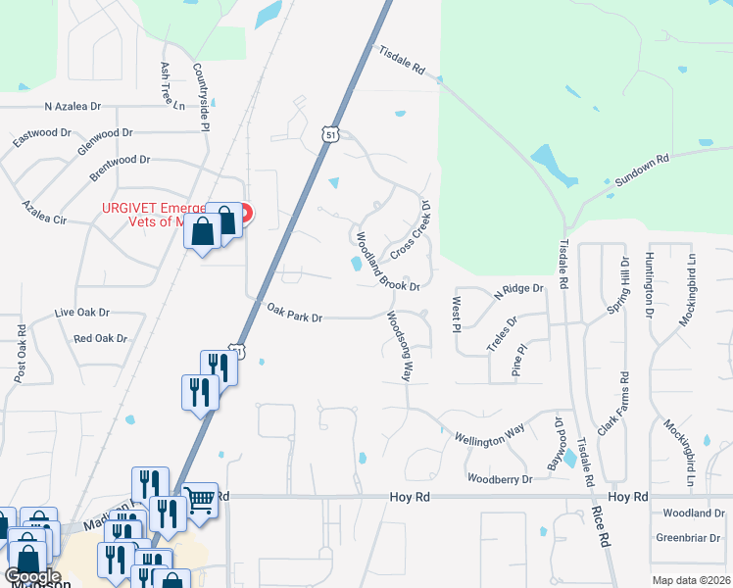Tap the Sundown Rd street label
click(643, 170)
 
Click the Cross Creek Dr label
click(412, 231)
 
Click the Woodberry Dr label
click(500, 479)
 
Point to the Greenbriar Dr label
click(689, 537)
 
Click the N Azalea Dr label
click(73, 106)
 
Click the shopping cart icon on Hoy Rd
click(199, 500)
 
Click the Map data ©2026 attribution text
click(692, 580)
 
